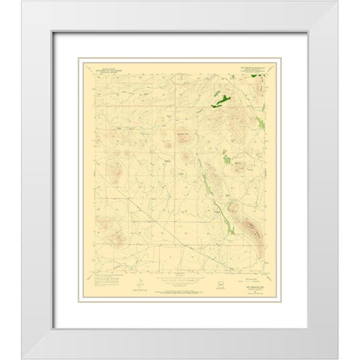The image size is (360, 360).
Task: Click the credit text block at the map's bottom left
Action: pos(112,283)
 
